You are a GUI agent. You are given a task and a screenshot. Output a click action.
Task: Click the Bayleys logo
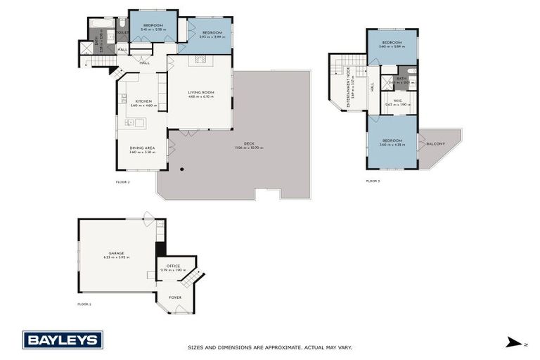(63, 340)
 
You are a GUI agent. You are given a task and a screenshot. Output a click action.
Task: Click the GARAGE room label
(116, 254)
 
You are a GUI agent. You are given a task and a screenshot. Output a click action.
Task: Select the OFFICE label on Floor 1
(173, 266)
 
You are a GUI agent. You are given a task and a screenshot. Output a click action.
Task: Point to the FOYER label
(175, 297)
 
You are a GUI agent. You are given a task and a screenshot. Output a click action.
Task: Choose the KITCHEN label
(143, 101)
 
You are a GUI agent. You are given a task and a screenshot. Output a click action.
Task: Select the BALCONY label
(436, 143)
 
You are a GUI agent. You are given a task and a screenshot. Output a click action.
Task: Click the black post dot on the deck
(182, 169)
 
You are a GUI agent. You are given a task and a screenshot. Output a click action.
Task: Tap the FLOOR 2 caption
(123, 182)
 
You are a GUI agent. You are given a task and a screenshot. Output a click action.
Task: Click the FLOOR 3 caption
(373, 181)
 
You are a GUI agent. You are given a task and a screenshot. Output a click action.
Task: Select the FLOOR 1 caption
(84, 304)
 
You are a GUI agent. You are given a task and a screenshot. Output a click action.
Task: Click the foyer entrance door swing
(180, 308)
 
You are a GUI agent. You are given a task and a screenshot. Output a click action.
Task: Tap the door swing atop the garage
(148, 215)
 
